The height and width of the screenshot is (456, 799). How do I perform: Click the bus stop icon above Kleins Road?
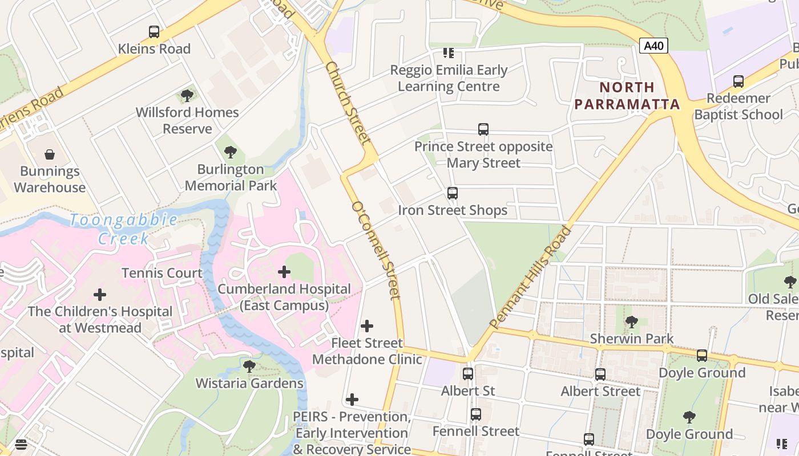154,32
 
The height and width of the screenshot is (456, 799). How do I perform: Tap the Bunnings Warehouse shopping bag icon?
50,154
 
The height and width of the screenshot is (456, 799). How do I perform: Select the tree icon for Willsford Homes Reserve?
187,95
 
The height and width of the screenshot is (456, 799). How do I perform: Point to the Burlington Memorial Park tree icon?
231,152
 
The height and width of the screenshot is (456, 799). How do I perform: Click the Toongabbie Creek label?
123,229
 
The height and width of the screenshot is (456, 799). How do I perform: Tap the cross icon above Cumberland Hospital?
284,272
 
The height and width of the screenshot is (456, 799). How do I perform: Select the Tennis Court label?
162,273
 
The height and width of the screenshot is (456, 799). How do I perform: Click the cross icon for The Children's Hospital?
100,295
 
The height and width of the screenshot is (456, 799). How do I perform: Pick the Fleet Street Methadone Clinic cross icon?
367,326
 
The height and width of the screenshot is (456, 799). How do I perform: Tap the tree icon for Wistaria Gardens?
249,366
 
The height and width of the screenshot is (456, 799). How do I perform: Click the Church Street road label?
348,103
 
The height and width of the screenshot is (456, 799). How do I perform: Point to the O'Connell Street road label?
376,250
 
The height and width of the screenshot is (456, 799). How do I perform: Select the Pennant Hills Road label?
530,278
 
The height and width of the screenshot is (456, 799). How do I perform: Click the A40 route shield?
653,46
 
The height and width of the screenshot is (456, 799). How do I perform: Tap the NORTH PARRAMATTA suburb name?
627,96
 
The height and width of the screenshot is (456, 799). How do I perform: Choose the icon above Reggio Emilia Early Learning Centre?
449,53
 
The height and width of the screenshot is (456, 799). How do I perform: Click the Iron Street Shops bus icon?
453,193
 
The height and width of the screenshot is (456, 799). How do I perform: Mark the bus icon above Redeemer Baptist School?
739,82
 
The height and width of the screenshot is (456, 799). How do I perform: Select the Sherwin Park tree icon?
631,322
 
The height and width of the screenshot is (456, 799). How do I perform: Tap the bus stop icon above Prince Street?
483,129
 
